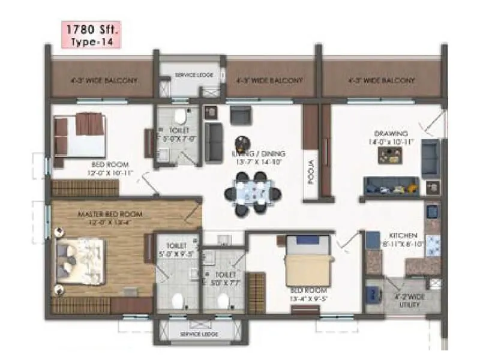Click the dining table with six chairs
252,194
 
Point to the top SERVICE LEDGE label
190,75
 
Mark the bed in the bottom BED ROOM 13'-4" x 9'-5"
308,265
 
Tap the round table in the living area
241,142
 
